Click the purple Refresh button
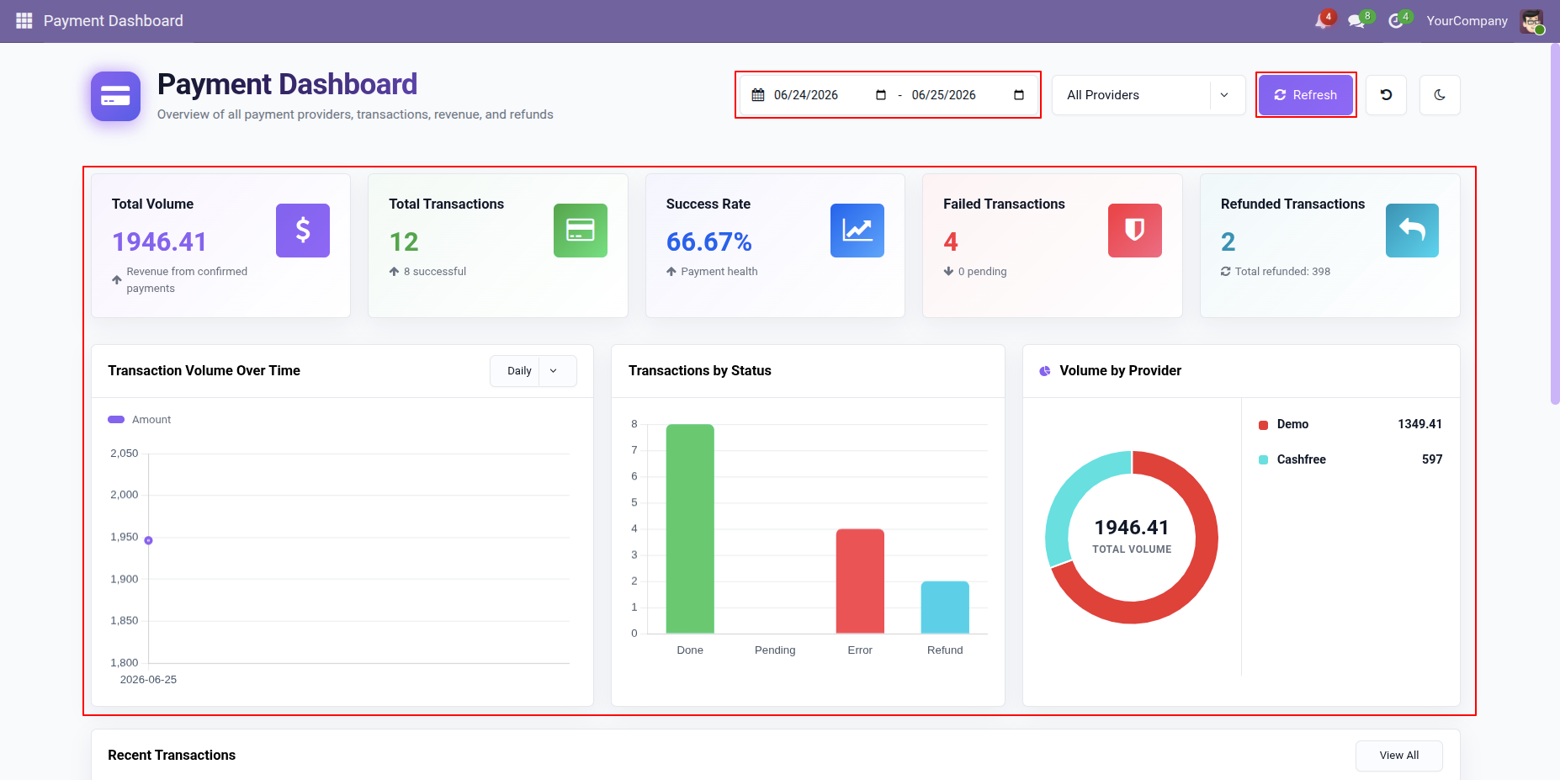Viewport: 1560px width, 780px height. pos(1305,95)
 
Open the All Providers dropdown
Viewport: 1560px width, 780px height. pos(1148,95)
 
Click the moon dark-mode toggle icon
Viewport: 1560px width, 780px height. pos(1440,95)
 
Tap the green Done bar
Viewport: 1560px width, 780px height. pos(690,528)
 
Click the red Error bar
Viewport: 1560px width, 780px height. pos(860,581)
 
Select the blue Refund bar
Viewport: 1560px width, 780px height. pos(945,607)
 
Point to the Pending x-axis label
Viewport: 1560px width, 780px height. pos(775,650)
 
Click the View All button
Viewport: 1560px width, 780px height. pos(1398,756)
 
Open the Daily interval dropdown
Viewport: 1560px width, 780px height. pos(533,371)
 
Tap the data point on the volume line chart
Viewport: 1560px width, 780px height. pos(148,540)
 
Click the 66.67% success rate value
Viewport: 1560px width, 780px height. pos(708,242)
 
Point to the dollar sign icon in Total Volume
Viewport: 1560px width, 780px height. pos(303,231)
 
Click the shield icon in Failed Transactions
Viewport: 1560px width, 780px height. pos(1135,231)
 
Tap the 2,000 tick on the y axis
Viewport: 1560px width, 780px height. pos(125,495)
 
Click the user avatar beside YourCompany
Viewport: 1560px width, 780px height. pos(1531,21)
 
